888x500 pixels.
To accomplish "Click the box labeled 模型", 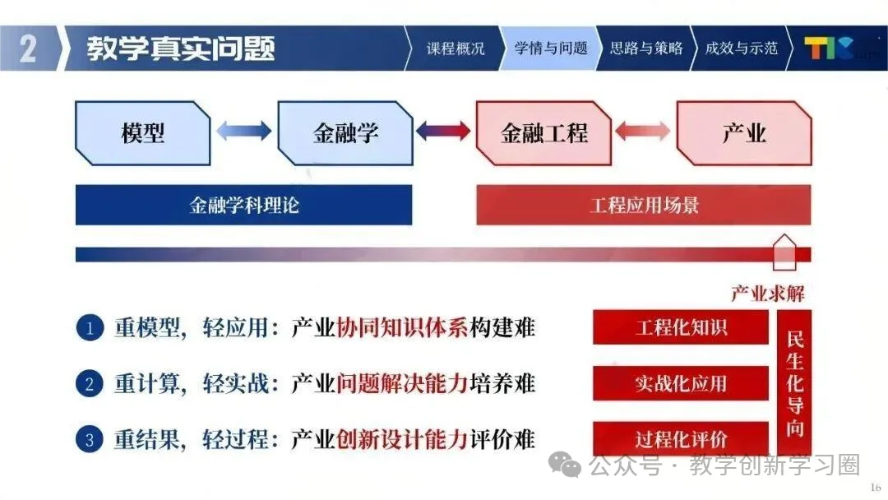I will [x=143, y=133].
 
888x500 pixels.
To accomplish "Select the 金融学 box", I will [x=345, y=133].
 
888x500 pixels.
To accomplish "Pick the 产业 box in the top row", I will [x=743, y=133].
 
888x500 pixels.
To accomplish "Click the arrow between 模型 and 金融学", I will [x=243, y=131].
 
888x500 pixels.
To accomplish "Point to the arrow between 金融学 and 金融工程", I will [x=444, y=131].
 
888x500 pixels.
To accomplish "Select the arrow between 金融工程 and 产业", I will [x=643, y=131].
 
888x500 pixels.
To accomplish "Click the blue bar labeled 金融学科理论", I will [x=244, y=205].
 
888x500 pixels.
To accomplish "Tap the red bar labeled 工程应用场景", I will [x=644, y=205].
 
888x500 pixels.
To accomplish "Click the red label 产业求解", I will [x=768, y=293].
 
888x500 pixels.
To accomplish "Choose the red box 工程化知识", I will [x=681, y=327].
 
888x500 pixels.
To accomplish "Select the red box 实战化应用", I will [x=681, y=383].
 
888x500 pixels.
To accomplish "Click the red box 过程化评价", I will [x=681, y=439].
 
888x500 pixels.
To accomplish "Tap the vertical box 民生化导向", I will [x=794, y=383].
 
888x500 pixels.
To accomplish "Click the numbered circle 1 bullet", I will [x=90, y=329].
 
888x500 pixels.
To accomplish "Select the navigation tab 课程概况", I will [x=456, y=48].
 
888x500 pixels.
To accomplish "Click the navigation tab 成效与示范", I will [x=741, y=48].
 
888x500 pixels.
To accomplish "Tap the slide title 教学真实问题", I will [x=181, y=49].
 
